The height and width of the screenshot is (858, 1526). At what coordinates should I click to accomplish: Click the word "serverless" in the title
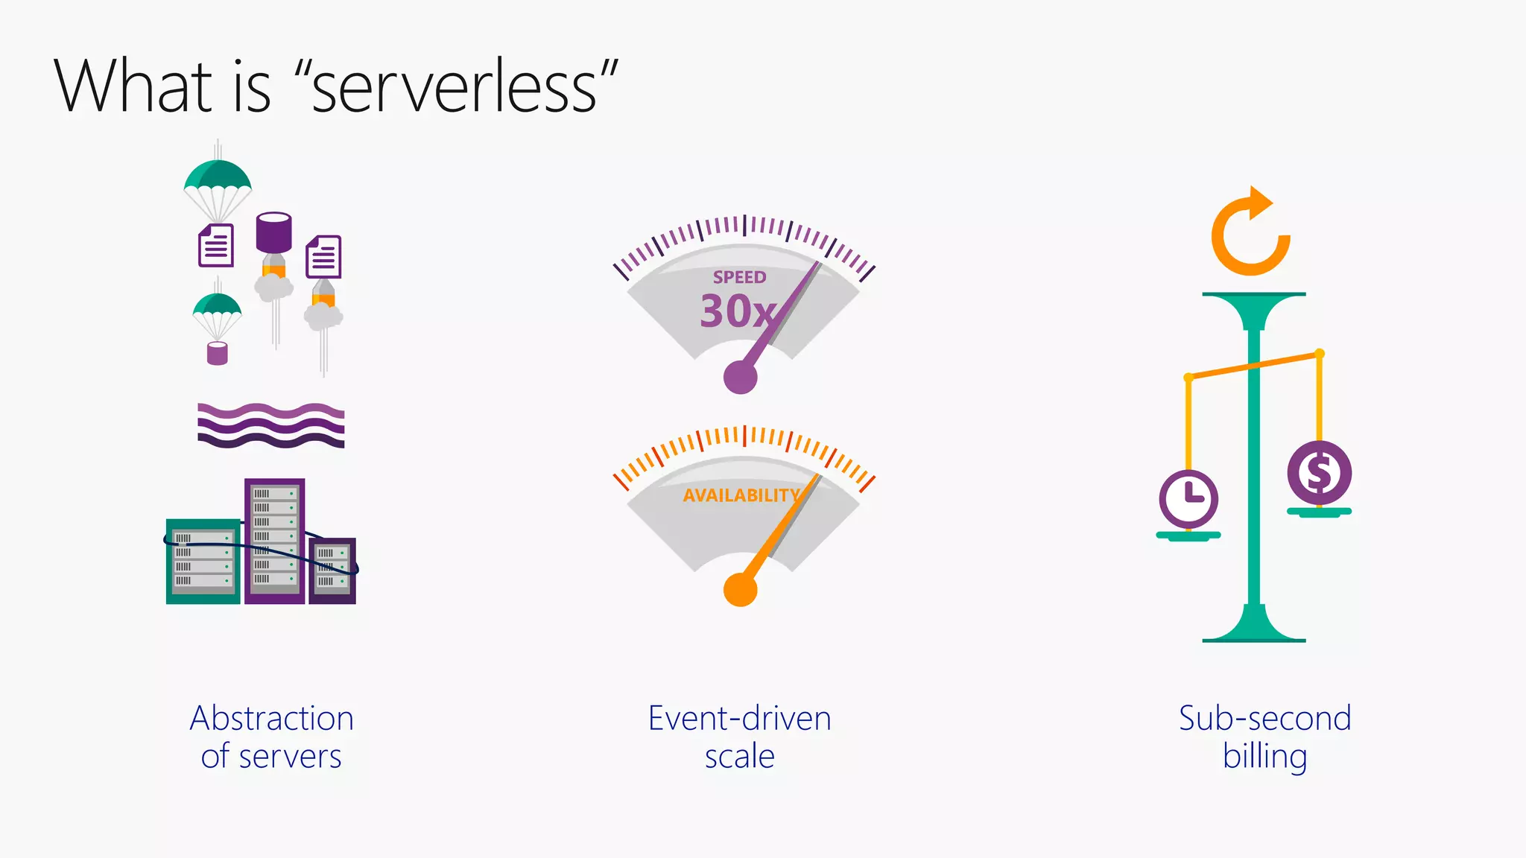(x=454, y=88)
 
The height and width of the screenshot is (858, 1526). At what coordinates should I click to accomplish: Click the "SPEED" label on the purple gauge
(x=739, y=277)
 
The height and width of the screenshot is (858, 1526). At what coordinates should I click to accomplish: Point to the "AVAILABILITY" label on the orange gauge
(x=741, y=495)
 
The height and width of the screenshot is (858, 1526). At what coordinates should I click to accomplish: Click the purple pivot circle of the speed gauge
(x=740, y=377)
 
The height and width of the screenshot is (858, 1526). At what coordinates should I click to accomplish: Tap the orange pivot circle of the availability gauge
(x=740, y=590)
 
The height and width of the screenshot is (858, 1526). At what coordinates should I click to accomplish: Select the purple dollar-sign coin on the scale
(x=1319, y=472)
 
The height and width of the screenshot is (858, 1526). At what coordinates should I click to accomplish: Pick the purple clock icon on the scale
(x=1188, y=498)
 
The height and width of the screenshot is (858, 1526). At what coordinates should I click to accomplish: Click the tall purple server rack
(x=274, y=540)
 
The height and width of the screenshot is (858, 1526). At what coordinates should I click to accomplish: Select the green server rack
(x=203, y=561)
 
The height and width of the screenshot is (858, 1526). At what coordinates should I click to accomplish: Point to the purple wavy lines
(x=271, y=425)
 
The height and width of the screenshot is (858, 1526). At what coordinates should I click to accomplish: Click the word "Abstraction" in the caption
(x=271, y=719)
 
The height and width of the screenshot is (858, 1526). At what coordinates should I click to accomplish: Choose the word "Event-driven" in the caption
(x=739, y=719)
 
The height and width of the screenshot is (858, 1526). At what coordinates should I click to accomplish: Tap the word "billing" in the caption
(x=1264, y=757)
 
